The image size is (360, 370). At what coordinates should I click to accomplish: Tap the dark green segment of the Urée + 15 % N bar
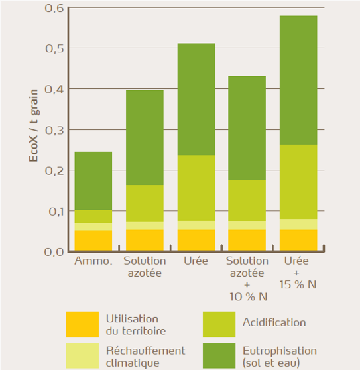pyautogui.click(x=298, y=80)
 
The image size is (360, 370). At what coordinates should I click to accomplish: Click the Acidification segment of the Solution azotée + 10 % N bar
pyautogui.click(x=247, y=200)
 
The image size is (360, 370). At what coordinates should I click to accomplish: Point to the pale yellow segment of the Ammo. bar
pyautogui.click(x=93, y=226)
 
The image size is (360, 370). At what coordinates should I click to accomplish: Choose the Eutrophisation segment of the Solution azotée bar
pyautogui.click(x=145, y=137)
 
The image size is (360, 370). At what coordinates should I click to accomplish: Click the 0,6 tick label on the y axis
pyautogui.click(x=54, y=9)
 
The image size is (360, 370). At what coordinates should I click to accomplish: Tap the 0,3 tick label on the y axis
pyautogui.click(x=54, y=130)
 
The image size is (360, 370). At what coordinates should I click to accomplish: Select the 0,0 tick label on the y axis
pyautogui.click(x=54, y=251)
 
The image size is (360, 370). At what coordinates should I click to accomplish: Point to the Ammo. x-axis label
pyautogui.click(x=93, y=261)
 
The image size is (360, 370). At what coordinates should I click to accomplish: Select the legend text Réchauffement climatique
pyautogui.click(x=145, y=356)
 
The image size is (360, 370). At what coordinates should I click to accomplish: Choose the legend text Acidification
pyautogui.click(x=274, y=323)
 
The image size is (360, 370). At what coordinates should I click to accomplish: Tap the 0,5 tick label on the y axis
pyautogui.click(x=54, y=49)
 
